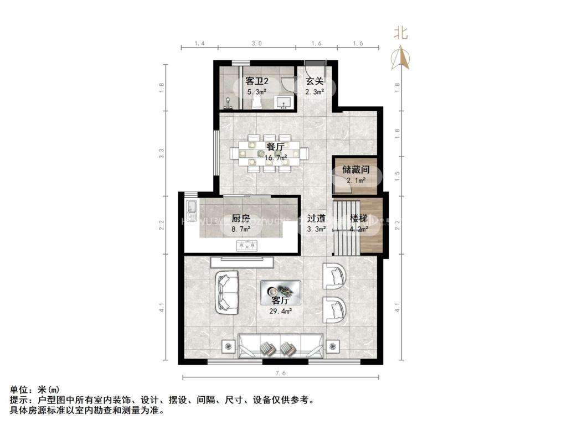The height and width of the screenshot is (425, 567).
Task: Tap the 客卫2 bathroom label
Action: click(x=257, y=81)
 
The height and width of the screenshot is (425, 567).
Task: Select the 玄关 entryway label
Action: click(x=315, y=81)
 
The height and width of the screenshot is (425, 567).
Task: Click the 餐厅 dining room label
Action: click(x=275, y=147)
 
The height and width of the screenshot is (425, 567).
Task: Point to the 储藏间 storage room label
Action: click(x=355, y=169)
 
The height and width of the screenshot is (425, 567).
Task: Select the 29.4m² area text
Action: click(x=281, y=311)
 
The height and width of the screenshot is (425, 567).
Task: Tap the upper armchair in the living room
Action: click(x=334, y=275)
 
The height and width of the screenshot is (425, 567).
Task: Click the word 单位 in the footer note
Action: click(x=18, y=390)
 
